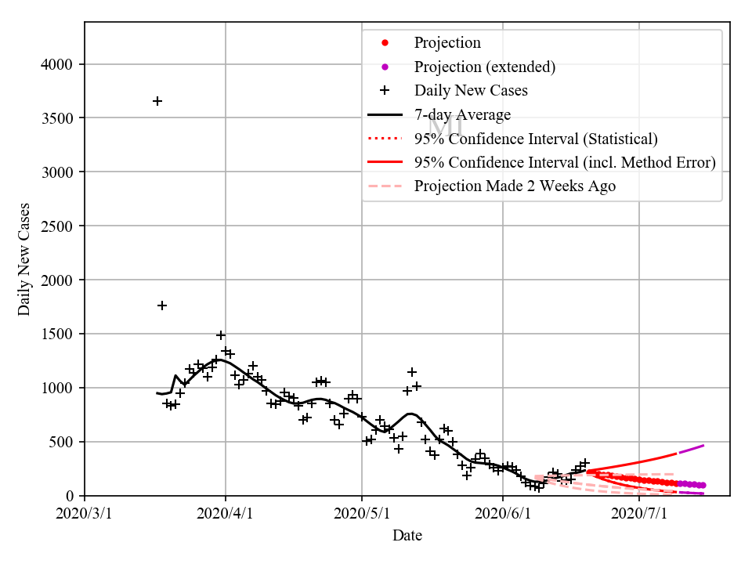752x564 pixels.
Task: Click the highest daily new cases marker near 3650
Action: coord(157,101)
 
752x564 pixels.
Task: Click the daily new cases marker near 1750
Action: coord(162,305)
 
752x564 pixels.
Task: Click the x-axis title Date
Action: coord(407,536)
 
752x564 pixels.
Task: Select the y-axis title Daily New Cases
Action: coord(24,258)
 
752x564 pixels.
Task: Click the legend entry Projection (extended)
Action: coord(485,67)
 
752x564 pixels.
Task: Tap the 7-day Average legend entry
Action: coord(462,115)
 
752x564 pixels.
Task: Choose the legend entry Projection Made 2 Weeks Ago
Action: coord(515,186)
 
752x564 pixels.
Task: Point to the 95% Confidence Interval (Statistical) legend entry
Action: coord(536,139)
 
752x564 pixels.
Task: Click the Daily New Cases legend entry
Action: coord(471,90)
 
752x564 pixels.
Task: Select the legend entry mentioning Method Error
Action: coord(565,162)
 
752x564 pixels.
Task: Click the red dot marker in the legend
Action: coord(385,43)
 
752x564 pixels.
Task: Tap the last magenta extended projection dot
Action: coord(703,486)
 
